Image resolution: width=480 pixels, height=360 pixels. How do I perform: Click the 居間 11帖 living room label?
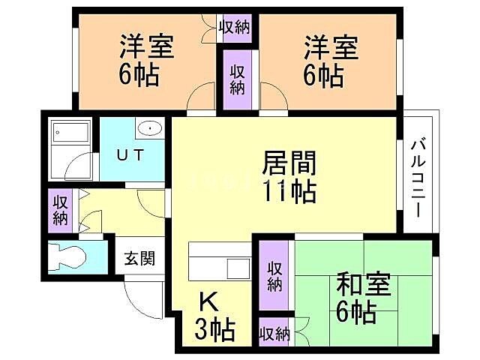[289, 176]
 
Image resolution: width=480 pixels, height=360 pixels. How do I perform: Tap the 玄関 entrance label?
[139, 259]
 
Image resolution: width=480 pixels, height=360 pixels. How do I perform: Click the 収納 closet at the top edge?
[235, 27]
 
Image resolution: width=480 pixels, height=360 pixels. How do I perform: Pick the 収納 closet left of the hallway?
[61, 209]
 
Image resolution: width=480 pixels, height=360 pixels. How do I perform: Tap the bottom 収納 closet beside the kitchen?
[275, 334]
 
